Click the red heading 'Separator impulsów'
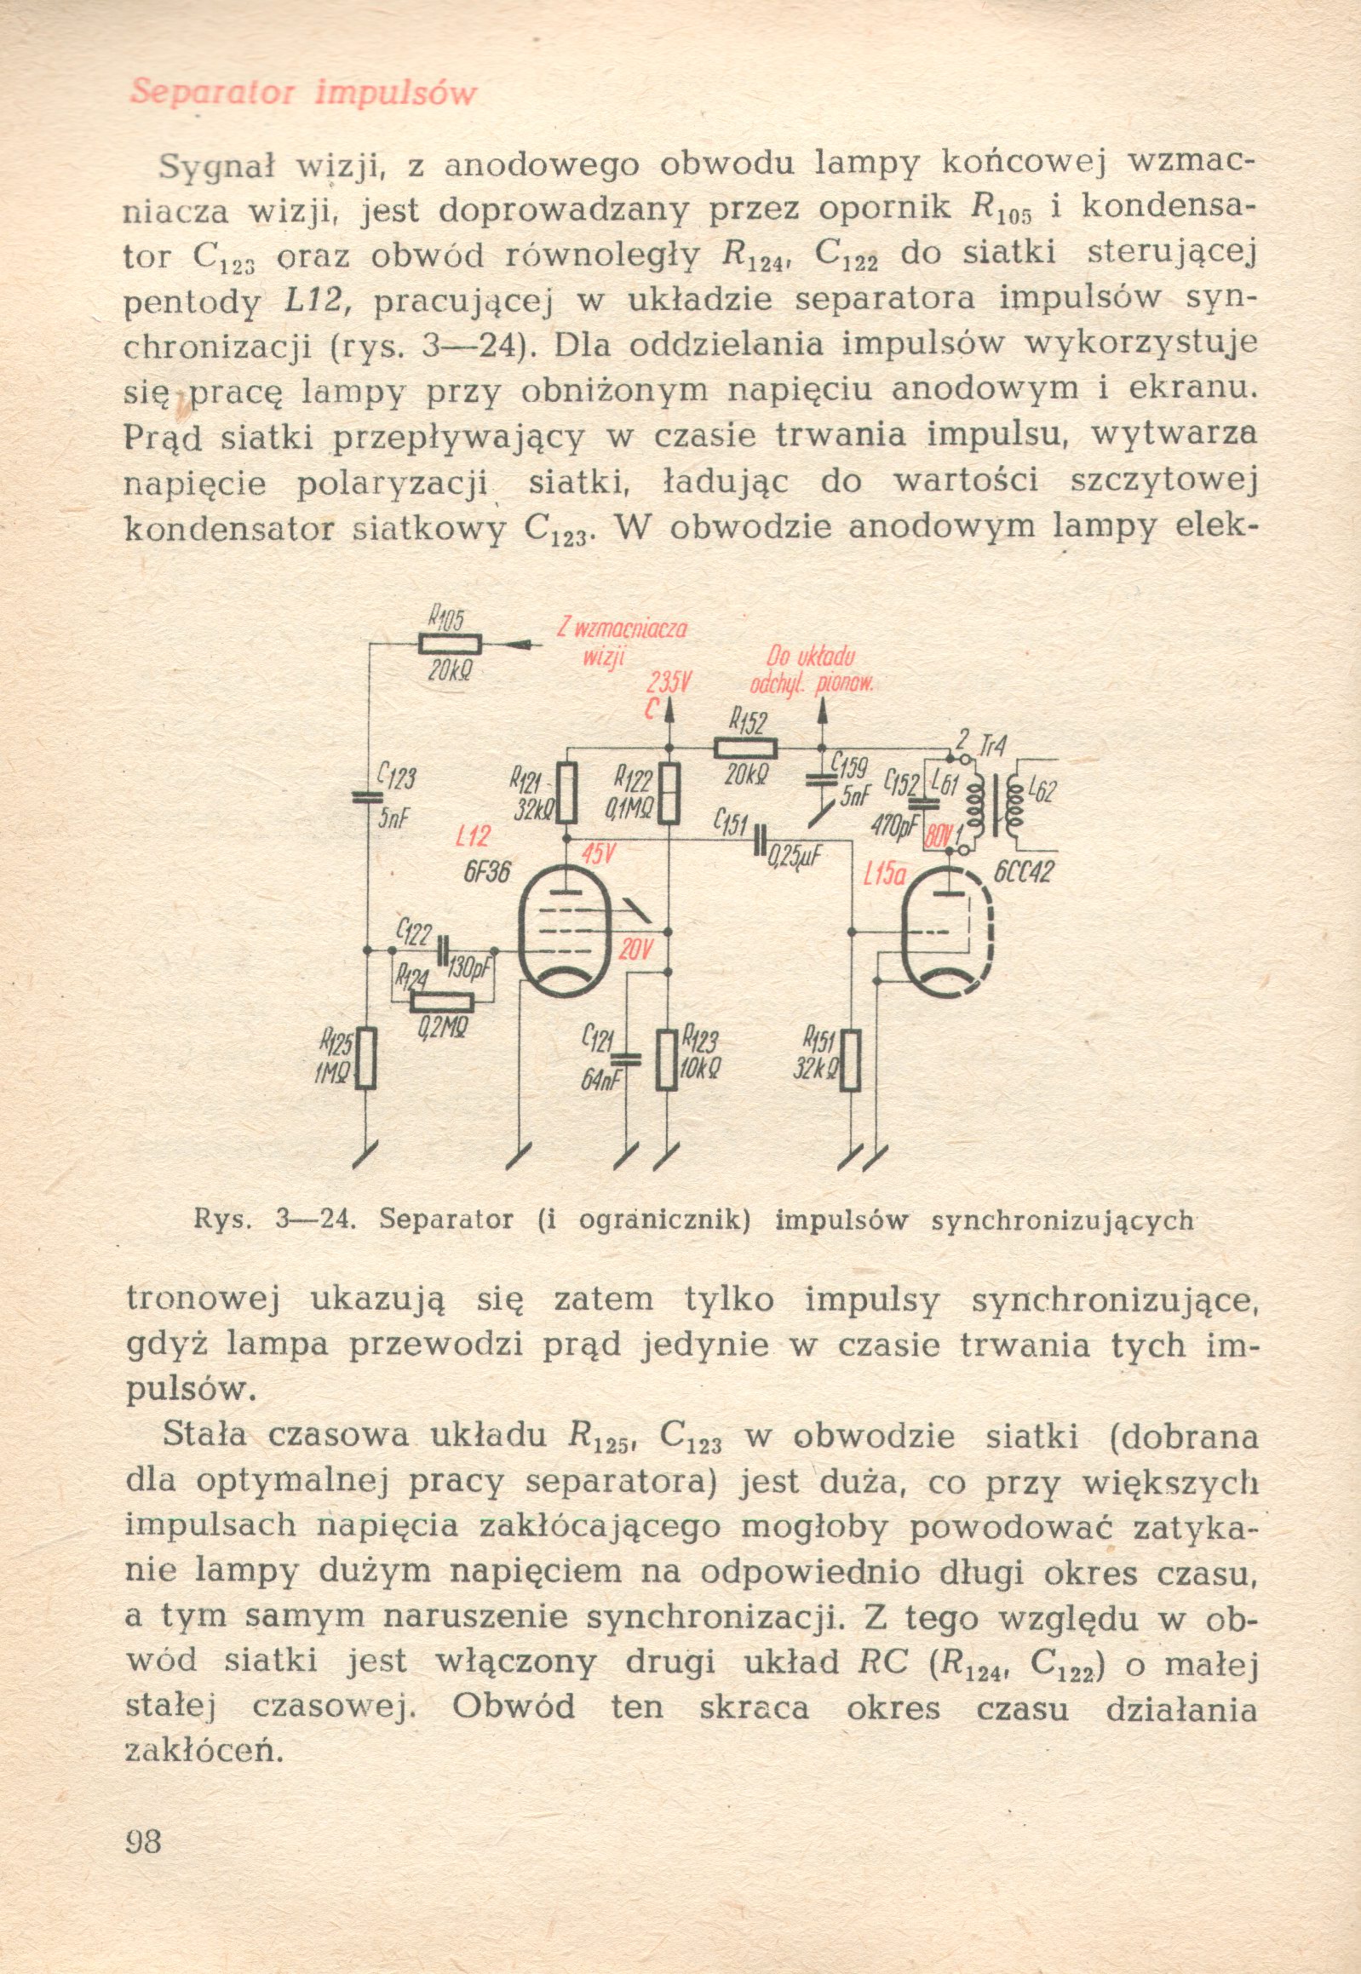(302, 92)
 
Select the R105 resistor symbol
(451, 645)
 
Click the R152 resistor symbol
(745, 749)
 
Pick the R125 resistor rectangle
(366, 1059)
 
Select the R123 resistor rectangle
(668, 1059)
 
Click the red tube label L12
(473, 836)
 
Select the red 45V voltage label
(599, 852)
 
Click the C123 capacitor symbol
(369, 798)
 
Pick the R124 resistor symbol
(442, 1002)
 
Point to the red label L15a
(884, 874)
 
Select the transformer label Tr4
(992, 748)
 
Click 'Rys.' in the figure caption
(222, 1220)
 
